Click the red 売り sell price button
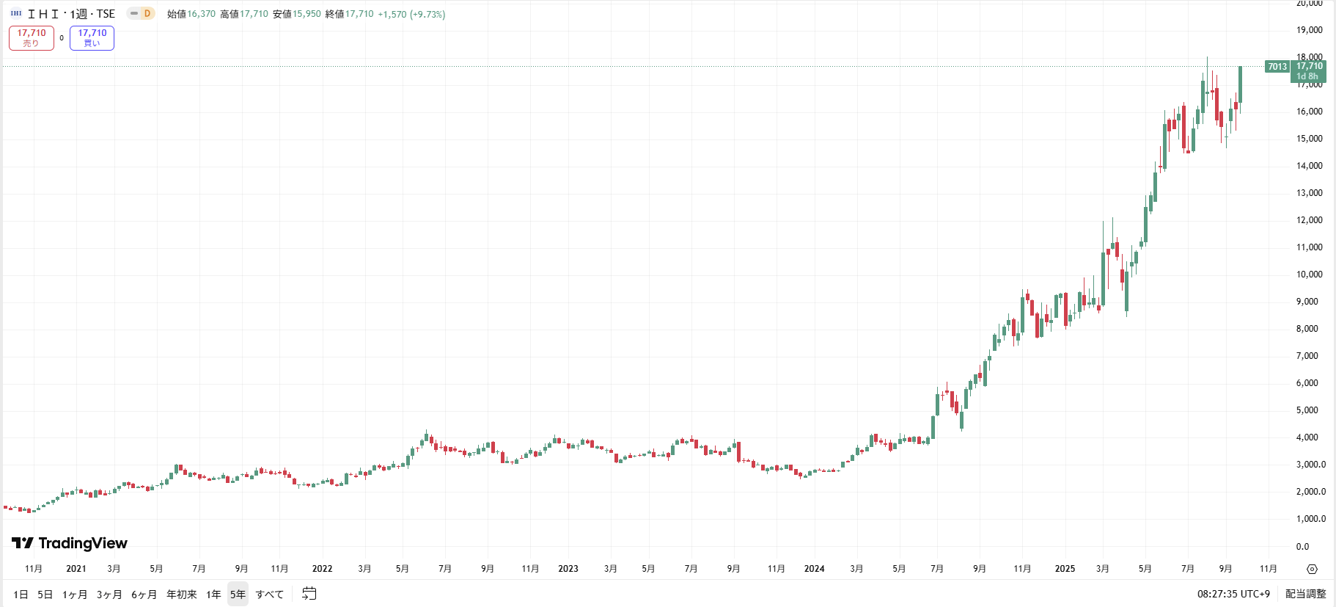pos(32,38)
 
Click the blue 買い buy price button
pos(92,38)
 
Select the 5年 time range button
pos(238,595)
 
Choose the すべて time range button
pos(269,595)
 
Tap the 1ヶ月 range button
pos(74,595)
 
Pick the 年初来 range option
pos(181,595)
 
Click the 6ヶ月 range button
pos(144,595)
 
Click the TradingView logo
pos(70,543)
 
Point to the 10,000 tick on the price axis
pos(1309,275)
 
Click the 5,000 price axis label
pos(1307,410)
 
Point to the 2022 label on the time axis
pos(322,569)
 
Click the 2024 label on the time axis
pos(814,569)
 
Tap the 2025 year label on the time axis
pos(1065,569)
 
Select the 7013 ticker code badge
pos(1277,67)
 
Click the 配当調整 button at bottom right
pos(1305,594)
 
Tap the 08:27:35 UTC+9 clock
pos(1233,594)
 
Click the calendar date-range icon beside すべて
pos(309,594)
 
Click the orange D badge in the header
pos(147,13)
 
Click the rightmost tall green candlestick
pos(1240,84)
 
